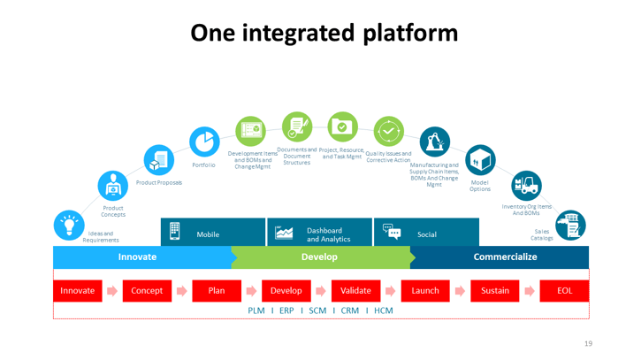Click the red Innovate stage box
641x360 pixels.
(x=78, y=290)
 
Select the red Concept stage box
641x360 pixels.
(x=146, y=290)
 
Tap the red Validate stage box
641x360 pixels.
(x=355, y=290)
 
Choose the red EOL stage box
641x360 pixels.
(x=564, y=290)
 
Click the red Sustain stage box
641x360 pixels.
(x=495, y=290)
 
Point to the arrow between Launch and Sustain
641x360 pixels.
(x=460, y=290)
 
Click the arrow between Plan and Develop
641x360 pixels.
(x=251, y=290)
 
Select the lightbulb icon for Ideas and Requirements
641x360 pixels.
(x=69, y=223)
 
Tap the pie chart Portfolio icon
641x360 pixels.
(x=205, y=142)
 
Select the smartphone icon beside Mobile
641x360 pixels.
(x=175, y=232)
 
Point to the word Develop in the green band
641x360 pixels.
(x=319, y=257)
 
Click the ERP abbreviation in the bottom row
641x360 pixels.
(x=286, y=310)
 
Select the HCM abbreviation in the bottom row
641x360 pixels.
(x=383, y=310)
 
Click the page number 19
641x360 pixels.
(x=588, y=343)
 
